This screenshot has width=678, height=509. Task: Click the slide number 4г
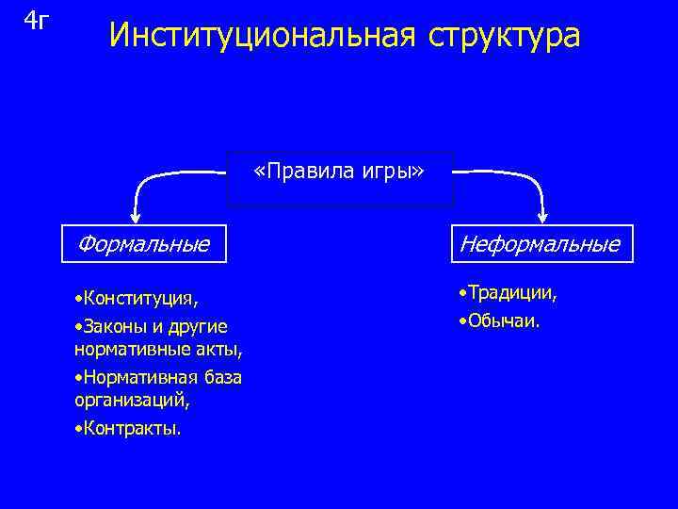[x=35, y=20]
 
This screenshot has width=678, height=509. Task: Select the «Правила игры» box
[x=340, y=177]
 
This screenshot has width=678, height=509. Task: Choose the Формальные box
[x=144, y=245]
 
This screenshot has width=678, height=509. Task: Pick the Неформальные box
[x=540, y=245]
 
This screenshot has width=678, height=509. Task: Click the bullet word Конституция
[x=139, y=299]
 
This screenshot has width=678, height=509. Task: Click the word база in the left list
[x=219, y=377]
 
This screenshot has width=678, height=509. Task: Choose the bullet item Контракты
[x=131, y=428]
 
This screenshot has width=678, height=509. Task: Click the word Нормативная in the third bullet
[x=135, y=377]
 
